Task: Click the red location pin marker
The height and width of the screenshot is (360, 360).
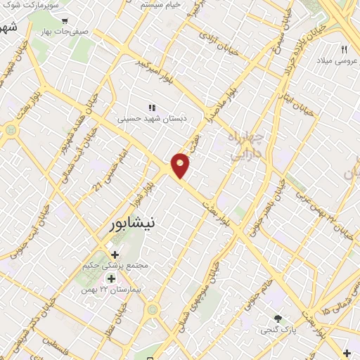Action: (181, 165)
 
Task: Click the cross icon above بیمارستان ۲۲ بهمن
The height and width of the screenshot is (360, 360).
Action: (111, 280)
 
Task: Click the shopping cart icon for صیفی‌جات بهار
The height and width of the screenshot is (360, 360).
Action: (65, 22)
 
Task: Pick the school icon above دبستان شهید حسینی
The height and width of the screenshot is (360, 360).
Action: (151, 108)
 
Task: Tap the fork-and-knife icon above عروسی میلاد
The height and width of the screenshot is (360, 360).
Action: (344, 49)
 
